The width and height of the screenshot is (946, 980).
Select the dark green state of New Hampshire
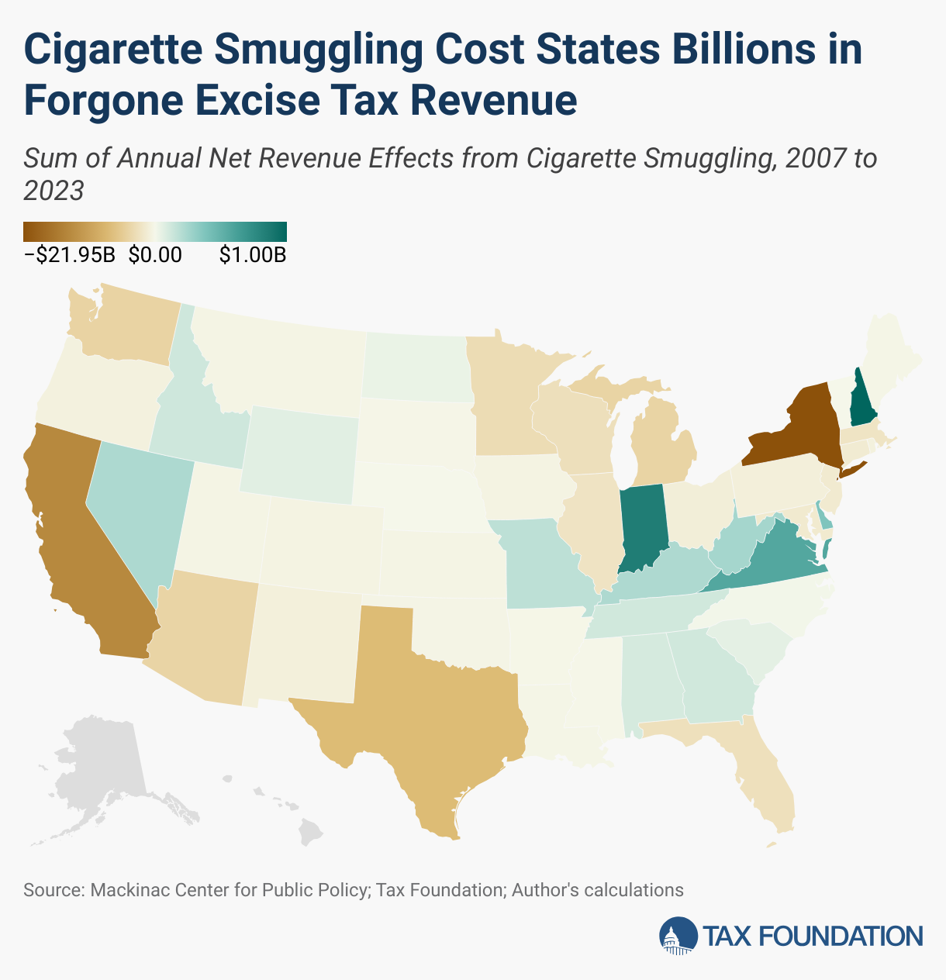861,399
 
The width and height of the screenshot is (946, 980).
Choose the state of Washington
124,326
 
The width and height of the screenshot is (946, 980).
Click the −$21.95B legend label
70,255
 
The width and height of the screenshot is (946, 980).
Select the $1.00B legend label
253,255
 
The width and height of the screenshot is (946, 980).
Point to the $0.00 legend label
155,255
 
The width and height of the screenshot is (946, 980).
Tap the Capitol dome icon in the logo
678,936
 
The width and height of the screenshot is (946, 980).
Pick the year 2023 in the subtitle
54,190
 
